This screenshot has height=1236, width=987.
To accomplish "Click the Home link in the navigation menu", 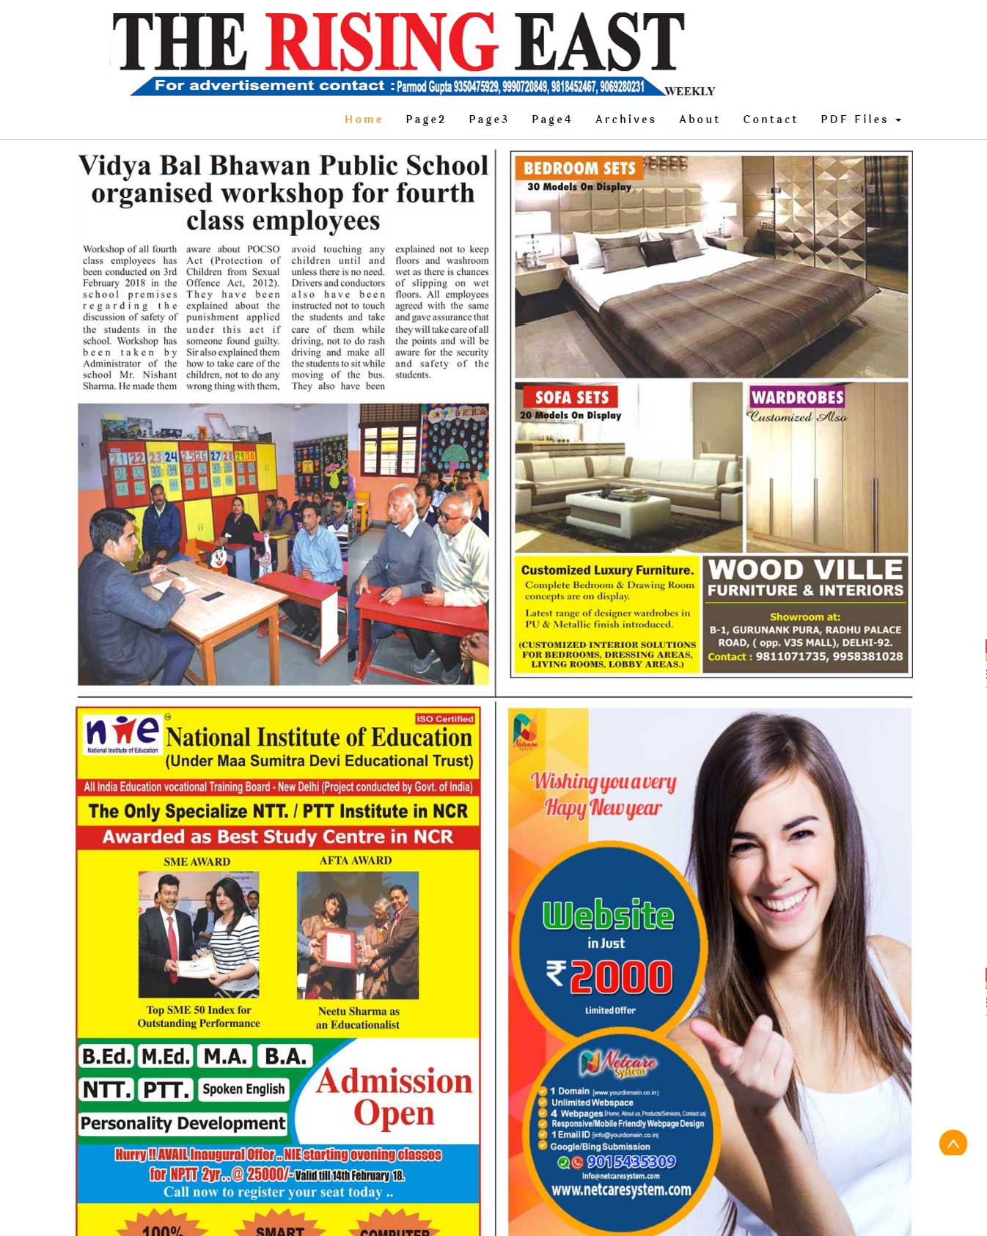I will coord(364,119).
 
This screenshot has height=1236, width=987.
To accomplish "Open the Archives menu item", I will coord(625,119).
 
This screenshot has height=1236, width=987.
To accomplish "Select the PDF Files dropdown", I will coord(860,119).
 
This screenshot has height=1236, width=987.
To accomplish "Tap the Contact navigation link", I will coord(769,119).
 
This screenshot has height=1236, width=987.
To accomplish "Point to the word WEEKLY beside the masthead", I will coord(689,92).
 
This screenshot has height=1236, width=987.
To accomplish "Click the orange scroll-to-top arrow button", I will coord(953,1143).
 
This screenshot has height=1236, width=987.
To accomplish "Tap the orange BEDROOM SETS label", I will coord(579,168).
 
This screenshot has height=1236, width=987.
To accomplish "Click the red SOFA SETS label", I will coord(571,397).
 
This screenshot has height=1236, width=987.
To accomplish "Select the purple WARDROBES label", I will coord(797,397).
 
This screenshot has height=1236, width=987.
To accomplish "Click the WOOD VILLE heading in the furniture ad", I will coord(805,570).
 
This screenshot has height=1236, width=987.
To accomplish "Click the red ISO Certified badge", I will coord(444,718).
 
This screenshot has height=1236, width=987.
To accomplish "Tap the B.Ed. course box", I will coord(106,1056).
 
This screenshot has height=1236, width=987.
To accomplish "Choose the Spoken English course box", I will coord(243,1089).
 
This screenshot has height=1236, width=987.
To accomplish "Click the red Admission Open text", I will coord(394,1097).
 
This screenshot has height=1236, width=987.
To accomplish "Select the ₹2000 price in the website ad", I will coord(609,976).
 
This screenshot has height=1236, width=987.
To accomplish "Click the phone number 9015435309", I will coord(631,1162).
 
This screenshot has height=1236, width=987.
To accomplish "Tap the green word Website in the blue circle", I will coord(608,915).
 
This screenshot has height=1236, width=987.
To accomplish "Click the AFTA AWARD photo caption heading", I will coord(356,860).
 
